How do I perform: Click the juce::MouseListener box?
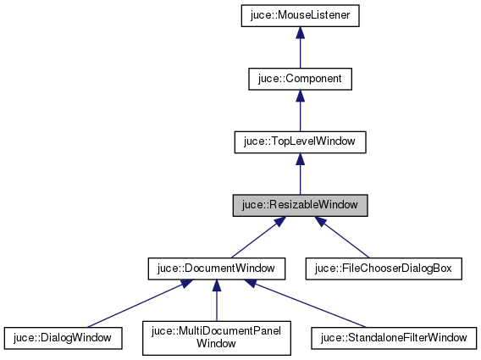pyautogui.click(x=300, y=15)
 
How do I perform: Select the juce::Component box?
pyautogui.click(x=300, y=79)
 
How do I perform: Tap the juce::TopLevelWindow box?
pyautogui.click(x=300, y=142)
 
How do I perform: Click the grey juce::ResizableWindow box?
pyautogui.click(x=300, y=206)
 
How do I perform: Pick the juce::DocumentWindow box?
pyautogui.click(x=215, y=269)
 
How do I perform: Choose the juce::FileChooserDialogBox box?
pyautogui.click(x=384, y=269)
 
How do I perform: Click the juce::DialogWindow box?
pyautogui.click(x=64, y=338)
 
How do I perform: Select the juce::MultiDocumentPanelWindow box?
pyautogui.click(x=215, y=338)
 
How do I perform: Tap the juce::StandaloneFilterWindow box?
pyautogui.click(x=394, y=338)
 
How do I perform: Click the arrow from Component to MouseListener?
pyautogui.click(x=300, y=49)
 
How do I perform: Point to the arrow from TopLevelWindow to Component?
pyautogui.click(x=300, y=113)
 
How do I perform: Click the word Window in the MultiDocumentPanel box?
pyautogui.click(x=215, y=345)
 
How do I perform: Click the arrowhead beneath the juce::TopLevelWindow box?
pyautogui.click(x=300, y=159)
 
